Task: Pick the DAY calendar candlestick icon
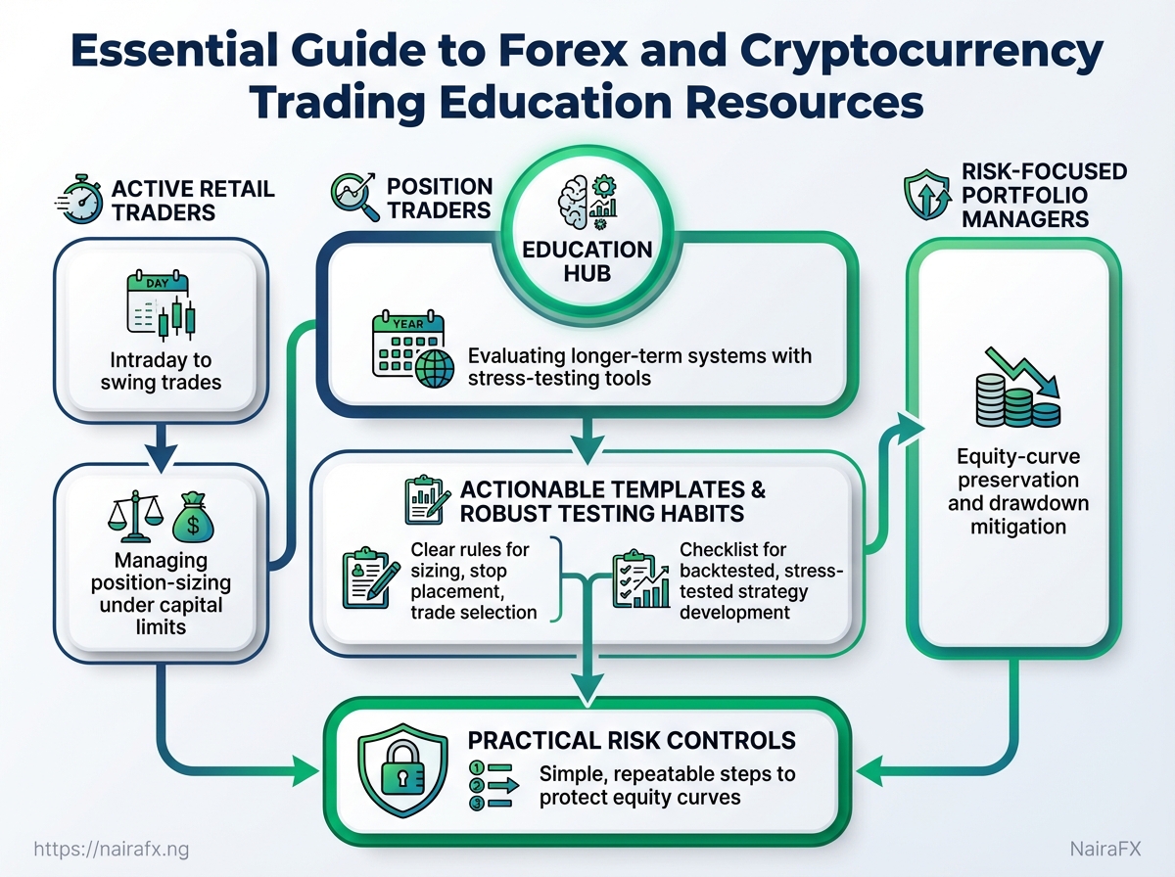(160, 307)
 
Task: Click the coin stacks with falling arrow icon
(1018, 390)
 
